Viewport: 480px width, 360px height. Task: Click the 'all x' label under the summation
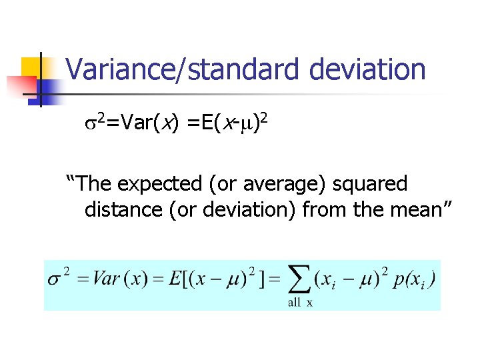click(301, 303)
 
